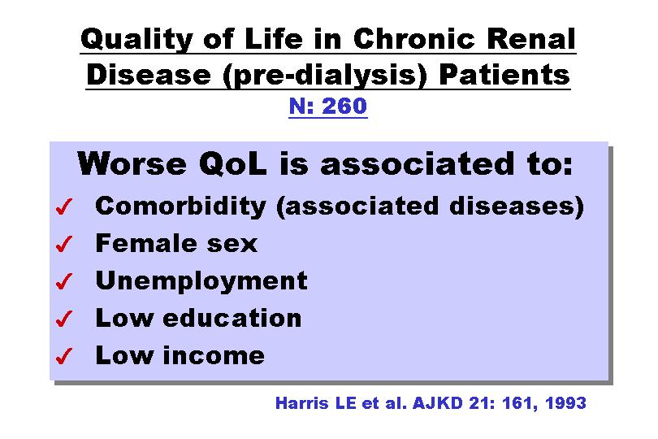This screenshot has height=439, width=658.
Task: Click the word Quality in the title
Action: click(136, 40)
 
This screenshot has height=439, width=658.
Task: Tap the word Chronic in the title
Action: click(413, 39)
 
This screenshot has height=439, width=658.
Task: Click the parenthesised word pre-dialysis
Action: click(325, 76)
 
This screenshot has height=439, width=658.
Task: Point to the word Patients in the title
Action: click(504, 75)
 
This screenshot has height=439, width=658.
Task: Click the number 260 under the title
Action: click(344, 106)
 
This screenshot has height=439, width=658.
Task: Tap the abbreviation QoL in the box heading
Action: click(232, 163)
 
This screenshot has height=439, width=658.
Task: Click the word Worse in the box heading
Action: click(132, 163)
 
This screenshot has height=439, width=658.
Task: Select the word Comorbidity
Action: click(180, 206)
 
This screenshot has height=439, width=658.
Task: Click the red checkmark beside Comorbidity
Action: click(64, 206)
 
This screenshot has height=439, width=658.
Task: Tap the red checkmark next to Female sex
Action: click(64, 244)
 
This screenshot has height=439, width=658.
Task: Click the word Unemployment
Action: click(201, 281)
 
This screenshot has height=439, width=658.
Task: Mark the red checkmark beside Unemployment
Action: click(64, 281)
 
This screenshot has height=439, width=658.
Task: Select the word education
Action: click(232, 318)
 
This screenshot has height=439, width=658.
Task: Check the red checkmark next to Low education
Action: click(64, 319)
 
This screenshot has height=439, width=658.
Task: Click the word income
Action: click(214, 355)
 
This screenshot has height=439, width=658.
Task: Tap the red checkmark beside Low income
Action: click(64, 356)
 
